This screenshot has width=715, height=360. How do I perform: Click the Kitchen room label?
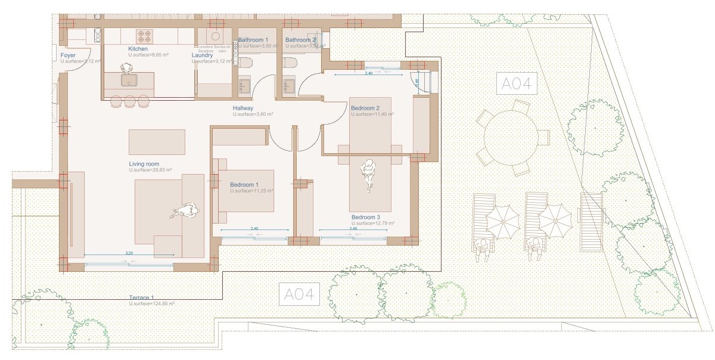click(x=138, y=49)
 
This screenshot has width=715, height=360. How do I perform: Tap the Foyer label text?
click(x=68, y=55)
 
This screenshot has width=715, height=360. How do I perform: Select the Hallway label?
click(x=243, y=108)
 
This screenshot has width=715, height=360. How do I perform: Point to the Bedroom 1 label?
click(x=244, y=185)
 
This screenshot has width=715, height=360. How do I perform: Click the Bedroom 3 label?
click(x=365, y=217)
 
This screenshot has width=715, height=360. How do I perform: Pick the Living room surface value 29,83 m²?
click(x=150, y=170)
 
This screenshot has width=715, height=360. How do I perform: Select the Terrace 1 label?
click(x=142, y=297)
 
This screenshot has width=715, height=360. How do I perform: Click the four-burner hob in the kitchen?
click(x=145, y=35)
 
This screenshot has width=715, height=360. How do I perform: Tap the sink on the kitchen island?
click(x=128, y=80)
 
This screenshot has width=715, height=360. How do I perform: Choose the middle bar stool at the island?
click(x=130, y=101)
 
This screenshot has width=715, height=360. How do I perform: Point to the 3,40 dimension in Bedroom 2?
click(x=368, y=73)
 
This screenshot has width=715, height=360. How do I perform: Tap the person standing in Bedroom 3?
click(x=369, y=175)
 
